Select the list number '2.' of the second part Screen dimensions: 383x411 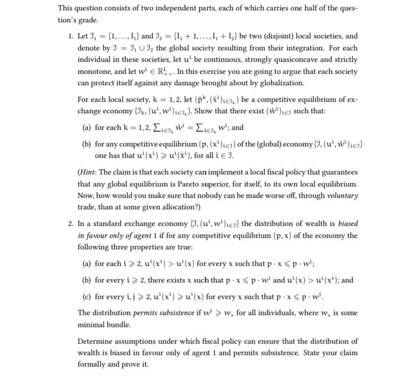tap(71, 224)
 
